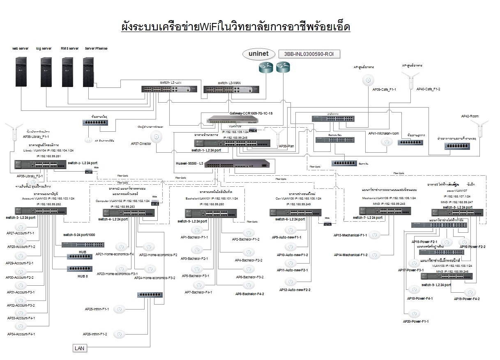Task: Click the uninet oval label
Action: click(x=258, y=54)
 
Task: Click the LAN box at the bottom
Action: click(x=79, y=348)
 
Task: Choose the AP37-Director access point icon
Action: click(x=156, y=137)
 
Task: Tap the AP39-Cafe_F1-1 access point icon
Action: click(x=368, y=80)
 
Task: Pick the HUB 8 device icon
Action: click(x=80, y=269)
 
